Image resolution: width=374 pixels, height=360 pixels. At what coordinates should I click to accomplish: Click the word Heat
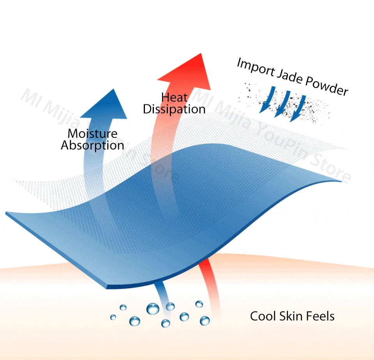175,97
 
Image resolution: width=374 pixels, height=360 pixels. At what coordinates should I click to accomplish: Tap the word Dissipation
174,109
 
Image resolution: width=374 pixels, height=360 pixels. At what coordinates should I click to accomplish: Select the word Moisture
93,133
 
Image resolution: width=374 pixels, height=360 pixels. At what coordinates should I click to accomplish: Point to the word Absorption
93,146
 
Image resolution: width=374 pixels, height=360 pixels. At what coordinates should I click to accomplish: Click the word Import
256,67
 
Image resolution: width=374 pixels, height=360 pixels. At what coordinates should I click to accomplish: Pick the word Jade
290,77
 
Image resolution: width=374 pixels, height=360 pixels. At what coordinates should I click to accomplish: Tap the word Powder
326,86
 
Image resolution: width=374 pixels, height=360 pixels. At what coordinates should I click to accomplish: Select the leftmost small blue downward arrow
267,100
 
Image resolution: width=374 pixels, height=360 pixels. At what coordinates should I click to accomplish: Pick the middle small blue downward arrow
282,104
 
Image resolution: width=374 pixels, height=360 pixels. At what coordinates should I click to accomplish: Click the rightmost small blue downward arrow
298,109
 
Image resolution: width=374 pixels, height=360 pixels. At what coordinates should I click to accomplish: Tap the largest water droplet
153,309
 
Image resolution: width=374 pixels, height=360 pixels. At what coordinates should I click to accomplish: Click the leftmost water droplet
113,317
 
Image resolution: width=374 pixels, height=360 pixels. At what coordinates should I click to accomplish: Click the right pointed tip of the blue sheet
341,181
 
